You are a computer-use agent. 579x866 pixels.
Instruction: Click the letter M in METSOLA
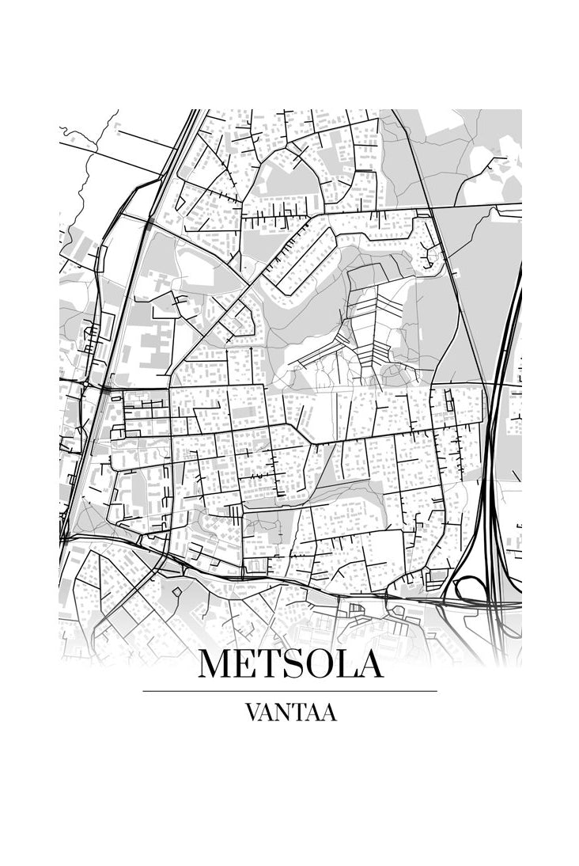click(x=216, y=664)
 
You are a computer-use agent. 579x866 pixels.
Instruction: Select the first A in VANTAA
click(x=268, y=712)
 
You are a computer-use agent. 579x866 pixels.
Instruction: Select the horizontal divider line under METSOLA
click(x=289, y=691)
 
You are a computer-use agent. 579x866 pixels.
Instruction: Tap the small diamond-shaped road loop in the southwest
click(x=176, y=591)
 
